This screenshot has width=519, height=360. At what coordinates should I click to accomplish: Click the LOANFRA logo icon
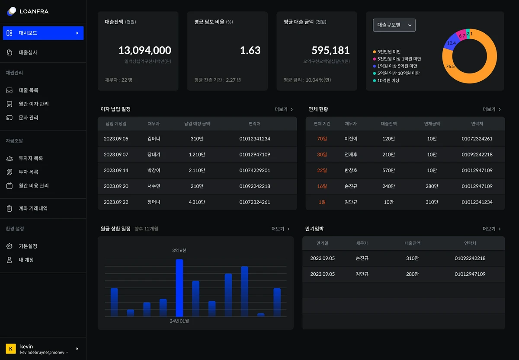click(12, 11)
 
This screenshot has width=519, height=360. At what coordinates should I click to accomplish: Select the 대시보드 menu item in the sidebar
click(43, 33)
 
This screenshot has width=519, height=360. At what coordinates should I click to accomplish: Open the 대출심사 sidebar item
click(28, 52)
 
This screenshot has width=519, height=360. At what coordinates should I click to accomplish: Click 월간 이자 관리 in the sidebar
click(34, 104)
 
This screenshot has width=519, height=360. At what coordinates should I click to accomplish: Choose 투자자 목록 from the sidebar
click(31, 158)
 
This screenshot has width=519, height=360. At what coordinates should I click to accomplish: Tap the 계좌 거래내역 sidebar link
click(33, 208)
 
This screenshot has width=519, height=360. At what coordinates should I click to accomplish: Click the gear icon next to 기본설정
click(9, 246)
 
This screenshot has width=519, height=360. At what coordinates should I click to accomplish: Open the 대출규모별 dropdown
click(394, 25)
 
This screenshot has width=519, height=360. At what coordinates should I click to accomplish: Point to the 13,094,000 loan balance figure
click(145, 50)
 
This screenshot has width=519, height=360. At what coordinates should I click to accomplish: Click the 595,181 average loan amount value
click(330, 50)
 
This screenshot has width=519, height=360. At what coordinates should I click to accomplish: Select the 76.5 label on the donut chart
click(450, 67)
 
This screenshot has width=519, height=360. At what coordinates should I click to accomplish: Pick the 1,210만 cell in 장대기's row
click(197, 154)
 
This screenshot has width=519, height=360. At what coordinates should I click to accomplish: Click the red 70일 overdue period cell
click(322, 139)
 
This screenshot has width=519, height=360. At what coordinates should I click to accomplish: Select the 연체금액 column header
click(432, 124)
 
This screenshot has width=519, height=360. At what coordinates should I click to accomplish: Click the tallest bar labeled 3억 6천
click(179, 288)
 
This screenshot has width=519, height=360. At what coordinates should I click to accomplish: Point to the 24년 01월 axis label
click(179, 321)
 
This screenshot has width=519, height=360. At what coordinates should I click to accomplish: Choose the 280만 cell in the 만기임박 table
click(412, 274)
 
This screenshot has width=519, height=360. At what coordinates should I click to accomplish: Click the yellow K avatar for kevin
click(11, 349)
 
